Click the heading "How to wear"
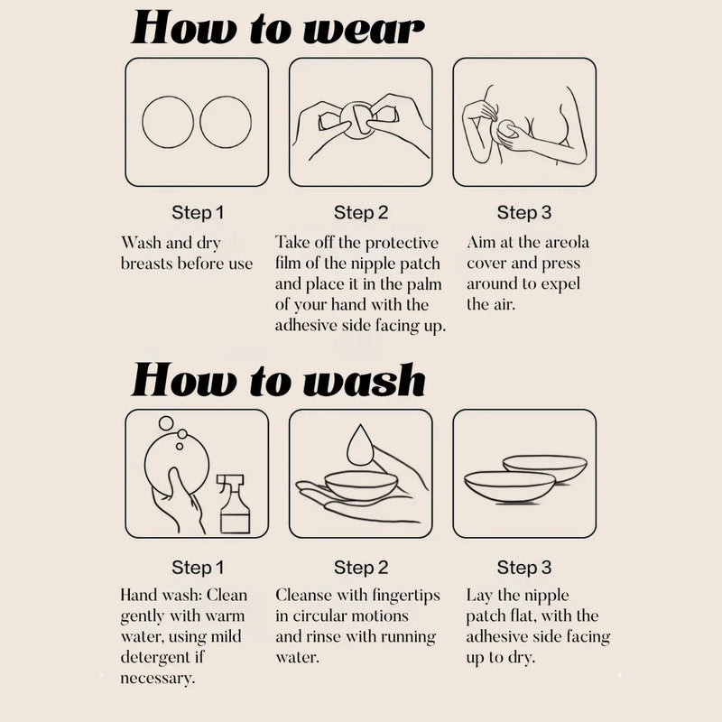pyautogui.click(x=278, y=28)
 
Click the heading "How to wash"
pyautogui.click(x=278, y=379)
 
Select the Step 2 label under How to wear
pyautogui.click(x=361, y=213)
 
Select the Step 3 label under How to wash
pyautogui.click(x=524, y=568)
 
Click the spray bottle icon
pyautogui.click(x=235, y=504)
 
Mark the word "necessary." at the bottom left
pyautogui.click(x=157, y=679)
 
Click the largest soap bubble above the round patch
pyautogui.click(x=166, y=423)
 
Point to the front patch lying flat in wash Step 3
pyautogui.click(x=510, y=486)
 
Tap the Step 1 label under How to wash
pyautogui.click(x=198, y=568)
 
